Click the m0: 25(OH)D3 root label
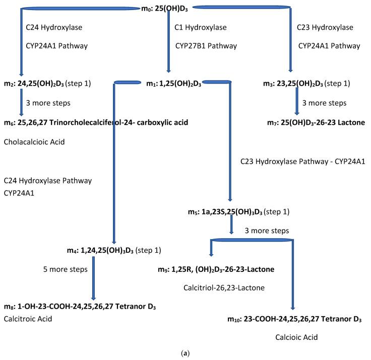pos(168,9)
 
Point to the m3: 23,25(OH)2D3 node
pos(308,83)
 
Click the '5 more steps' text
pos(66,269)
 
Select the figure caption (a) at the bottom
pos(184,353)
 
